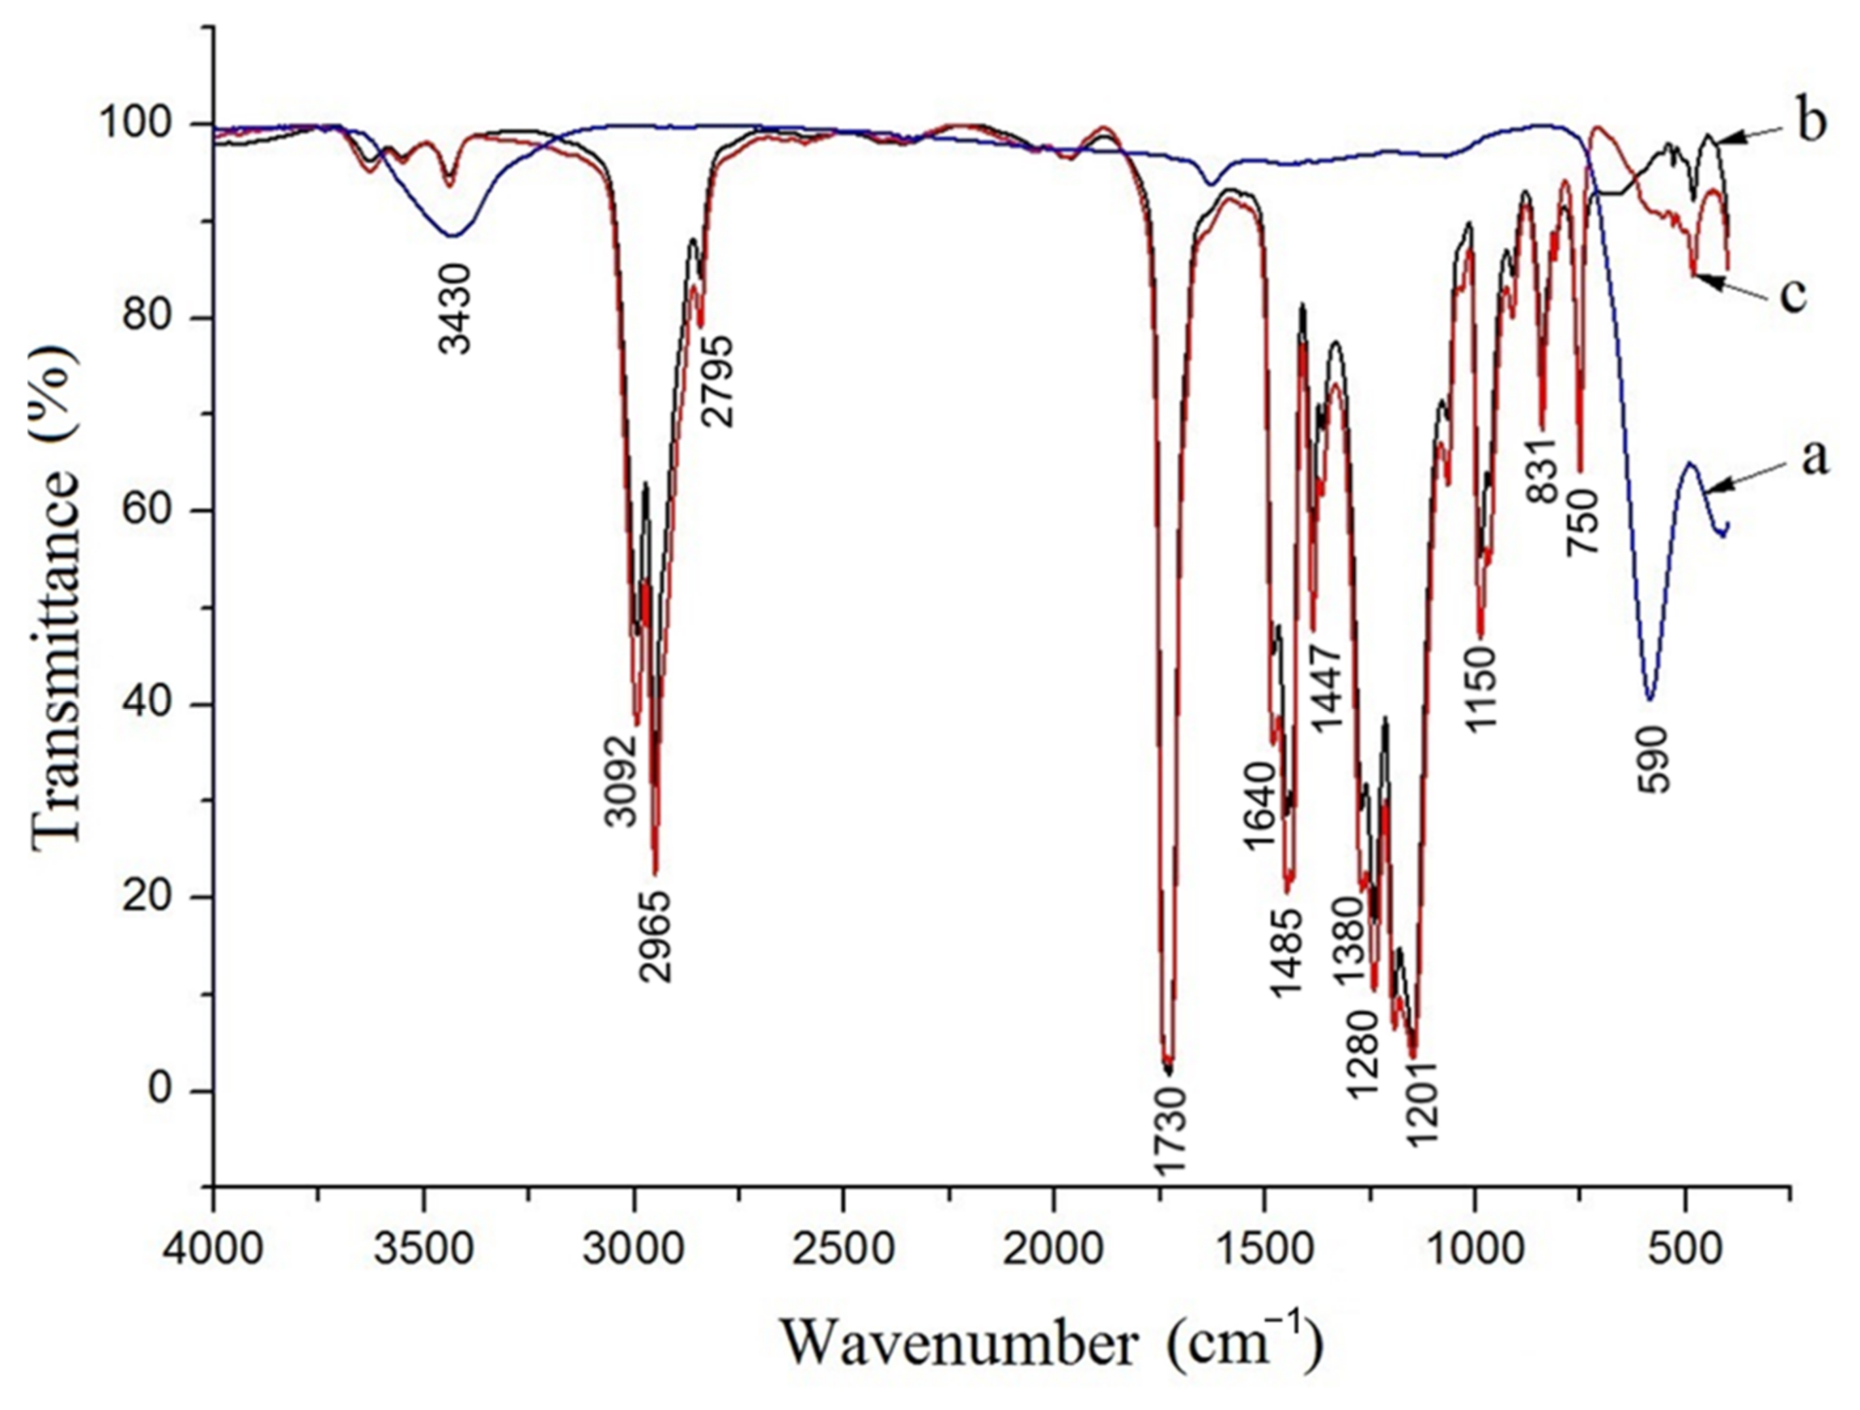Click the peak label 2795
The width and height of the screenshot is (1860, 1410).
(717, 383)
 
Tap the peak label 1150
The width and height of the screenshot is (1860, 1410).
(1483, 689)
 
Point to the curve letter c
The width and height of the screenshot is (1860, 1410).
(1793, 294)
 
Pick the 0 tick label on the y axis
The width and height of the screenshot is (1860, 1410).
(159, 1090)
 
